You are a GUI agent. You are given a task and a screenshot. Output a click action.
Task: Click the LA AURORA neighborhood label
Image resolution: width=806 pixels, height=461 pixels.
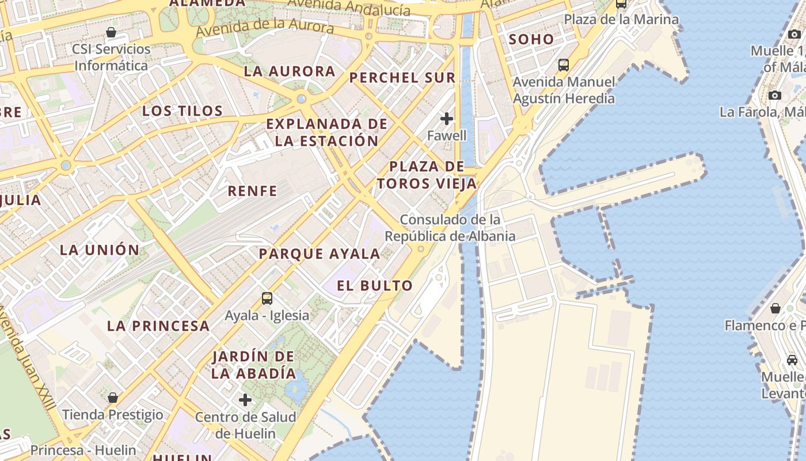[x=289, y=71]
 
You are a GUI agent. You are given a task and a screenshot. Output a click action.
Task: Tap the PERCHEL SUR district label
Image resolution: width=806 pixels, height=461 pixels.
[x=402, y=78]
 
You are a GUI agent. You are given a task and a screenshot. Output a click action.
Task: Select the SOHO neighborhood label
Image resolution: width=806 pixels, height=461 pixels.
[x=531, y=40]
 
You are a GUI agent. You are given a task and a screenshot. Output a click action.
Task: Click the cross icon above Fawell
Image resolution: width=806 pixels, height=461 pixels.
[x=447, y=119]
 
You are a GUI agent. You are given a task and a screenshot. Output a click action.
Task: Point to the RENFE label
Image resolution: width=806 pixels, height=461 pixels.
[x=253, y=191]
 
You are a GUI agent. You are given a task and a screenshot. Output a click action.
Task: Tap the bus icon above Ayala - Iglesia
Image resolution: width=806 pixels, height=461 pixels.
[x=267, y=298]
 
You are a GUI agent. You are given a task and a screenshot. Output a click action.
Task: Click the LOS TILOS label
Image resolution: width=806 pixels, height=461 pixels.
[x=183, y=111]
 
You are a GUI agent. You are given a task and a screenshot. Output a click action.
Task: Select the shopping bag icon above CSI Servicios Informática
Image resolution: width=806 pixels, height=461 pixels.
[x=111, y=32]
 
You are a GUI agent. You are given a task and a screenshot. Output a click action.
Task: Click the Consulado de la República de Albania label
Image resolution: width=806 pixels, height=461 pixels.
[x=450, y=228]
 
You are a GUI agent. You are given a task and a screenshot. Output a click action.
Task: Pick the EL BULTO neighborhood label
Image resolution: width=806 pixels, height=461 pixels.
[x=375, y=286]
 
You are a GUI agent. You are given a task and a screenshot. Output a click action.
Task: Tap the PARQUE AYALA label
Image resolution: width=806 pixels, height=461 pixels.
[x=320, y=254]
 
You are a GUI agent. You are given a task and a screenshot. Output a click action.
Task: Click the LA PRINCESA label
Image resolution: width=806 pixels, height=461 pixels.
[x=158, y=326]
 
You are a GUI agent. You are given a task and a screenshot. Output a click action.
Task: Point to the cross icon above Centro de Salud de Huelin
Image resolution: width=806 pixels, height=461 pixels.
[x=245, y=399]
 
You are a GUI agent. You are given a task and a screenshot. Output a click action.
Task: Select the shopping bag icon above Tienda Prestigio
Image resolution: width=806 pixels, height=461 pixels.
[x=113, y=398]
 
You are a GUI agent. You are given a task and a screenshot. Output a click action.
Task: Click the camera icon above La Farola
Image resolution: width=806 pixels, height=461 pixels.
[x=775, y=95]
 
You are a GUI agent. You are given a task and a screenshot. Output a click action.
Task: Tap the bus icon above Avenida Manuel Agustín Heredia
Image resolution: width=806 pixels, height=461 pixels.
[x=564, y=65]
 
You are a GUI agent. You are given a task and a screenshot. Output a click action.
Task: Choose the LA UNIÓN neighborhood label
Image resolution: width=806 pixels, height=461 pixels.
[x=100, y=250]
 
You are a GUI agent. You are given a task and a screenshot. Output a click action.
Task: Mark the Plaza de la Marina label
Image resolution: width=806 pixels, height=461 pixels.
[x=621, y=20]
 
